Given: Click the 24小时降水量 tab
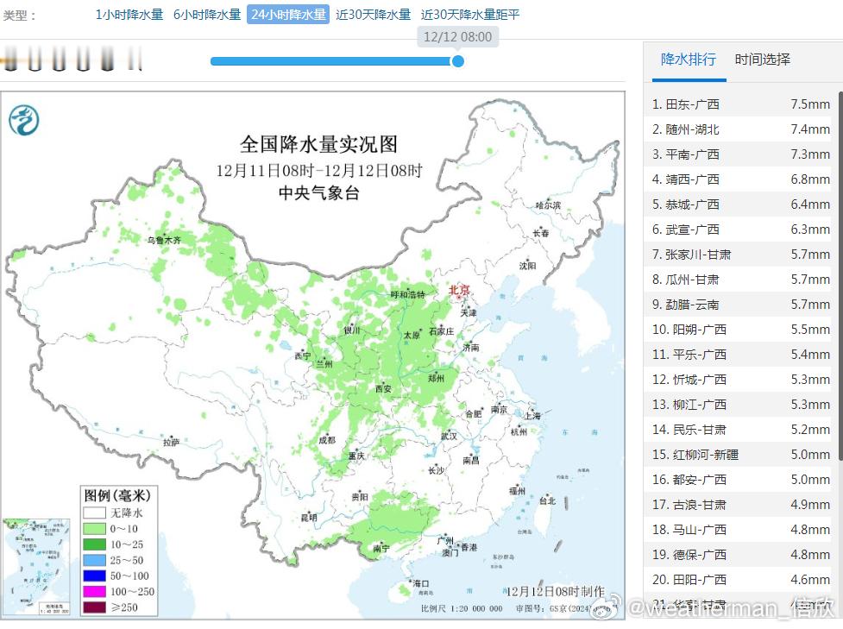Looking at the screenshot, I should pyautogui.click(x=288, y=15).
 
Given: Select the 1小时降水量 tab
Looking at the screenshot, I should pyautogui.click(x=129, y=15).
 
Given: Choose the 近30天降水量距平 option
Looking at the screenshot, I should pyautogui.click(x=470, y=15).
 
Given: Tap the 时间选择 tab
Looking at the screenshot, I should pyautogui.click(x=762, y=60).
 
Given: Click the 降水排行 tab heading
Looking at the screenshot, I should pyautogui.click(x=688, y=60).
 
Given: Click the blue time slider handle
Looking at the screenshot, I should pyautogui.click(x=458, y=61).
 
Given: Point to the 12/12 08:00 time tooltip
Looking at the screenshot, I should pyautogui.click(x=458, y=36).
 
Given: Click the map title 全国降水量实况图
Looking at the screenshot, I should pyautogui.click(x=319, y=143).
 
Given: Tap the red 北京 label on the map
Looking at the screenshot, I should pyautogui.click(x=459, y=290).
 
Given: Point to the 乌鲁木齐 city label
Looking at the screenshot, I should pyautogui.click(x=164, y=240).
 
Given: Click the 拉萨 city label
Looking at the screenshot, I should pyautogui.click(x=172, y=442).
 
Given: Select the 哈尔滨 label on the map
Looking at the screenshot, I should pyautogui.click(x=548, y=205).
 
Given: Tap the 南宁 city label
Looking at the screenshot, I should pyautogui.click(x=381, y=548).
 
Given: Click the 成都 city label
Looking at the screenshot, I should pyautogui.click(x=326, y=439).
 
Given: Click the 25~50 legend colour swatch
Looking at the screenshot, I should pyautogui.click(x=92, y=560).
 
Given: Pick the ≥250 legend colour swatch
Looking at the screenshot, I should pyautogui.click(x=92, y=607).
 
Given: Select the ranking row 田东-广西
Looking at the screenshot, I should pyautogui.click(x=691, y=104).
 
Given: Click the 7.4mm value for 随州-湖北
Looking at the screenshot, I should pyautogui.click(x=809, y=129).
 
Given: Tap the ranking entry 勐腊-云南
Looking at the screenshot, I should pyautogui.click(x=691, y=305).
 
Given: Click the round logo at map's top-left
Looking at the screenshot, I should pyautogui.click(x=24, y=119).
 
